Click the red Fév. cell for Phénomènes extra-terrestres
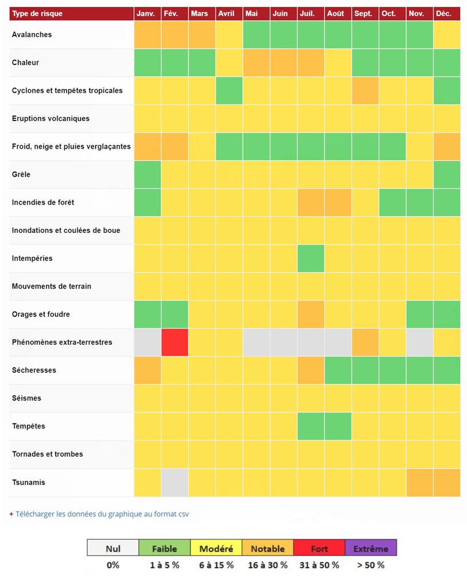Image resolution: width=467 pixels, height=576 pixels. (x=175, y=343)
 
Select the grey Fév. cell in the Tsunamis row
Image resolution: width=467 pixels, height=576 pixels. (x=175, y=482)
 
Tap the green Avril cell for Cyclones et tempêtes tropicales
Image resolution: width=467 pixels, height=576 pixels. (x=230, y=91)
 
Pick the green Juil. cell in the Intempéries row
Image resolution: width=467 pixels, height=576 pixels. (x=311, y=258)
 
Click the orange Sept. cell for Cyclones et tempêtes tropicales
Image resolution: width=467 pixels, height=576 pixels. (x=365, y=91)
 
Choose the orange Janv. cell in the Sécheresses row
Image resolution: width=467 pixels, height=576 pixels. (x=148, y=370)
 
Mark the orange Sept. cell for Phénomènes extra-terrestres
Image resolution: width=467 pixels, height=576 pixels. (x=365, y=343)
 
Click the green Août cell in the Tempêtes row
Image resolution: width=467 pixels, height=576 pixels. (x=338, y=426)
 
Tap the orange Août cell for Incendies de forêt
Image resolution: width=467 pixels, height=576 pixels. (x=338, y=203)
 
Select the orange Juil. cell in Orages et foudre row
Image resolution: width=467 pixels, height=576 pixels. (x=311, y=314)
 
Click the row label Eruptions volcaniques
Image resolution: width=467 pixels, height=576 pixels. (x=51, y=119)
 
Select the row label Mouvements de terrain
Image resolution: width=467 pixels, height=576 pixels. (x=52, y=286)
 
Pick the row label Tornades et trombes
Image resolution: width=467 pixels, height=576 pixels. (x=48, y=454)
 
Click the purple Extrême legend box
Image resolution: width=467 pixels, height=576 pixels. (x=371, y=548)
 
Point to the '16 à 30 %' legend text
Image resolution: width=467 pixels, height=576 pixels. (x=268, y=565)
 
